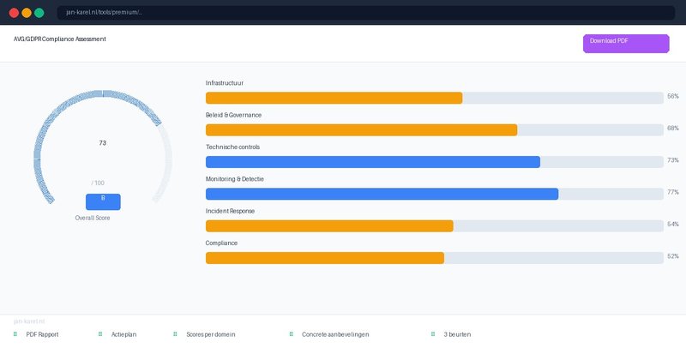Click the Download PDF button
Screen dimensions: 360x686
click(x=625, y=44)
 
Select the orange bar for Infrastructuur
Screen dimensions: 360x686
click(x=334, y=98)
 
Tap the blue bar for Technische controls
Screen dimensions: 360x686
click(x=372, y=162)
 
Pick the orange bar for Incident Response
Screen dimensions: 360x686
click(x=329, y=226)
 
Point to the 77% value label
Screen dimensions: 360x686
click(x=672, y=193)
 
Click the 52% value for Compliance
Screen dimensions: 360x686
click(x=672, y=257)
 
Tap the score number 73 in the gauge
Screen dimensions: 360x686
click(x=103, y=143)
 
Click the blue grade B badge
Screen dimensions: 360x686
click(x=103, y=201)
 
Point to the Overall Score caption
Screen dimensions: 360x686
click(x=93, y=219)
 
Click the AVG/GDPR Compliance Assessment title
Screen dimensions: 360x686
click(x=60, y=39)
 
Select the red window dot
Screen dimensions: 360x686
click(x=14, y=13)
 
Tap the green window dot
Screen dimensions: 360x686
click(x=39, y=13)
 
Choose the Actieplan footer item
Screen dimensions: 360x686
click(x=123, y=334)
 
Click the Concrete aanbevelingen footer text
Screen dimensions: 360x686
click(x=335, y=334)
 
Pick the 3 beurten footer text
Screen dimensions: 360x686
click(x=457, y=334)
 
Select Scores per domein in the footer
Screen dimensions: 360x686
click(x=210, y=334)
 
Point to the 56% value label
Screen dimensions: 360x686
click(x=672, y=97)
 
